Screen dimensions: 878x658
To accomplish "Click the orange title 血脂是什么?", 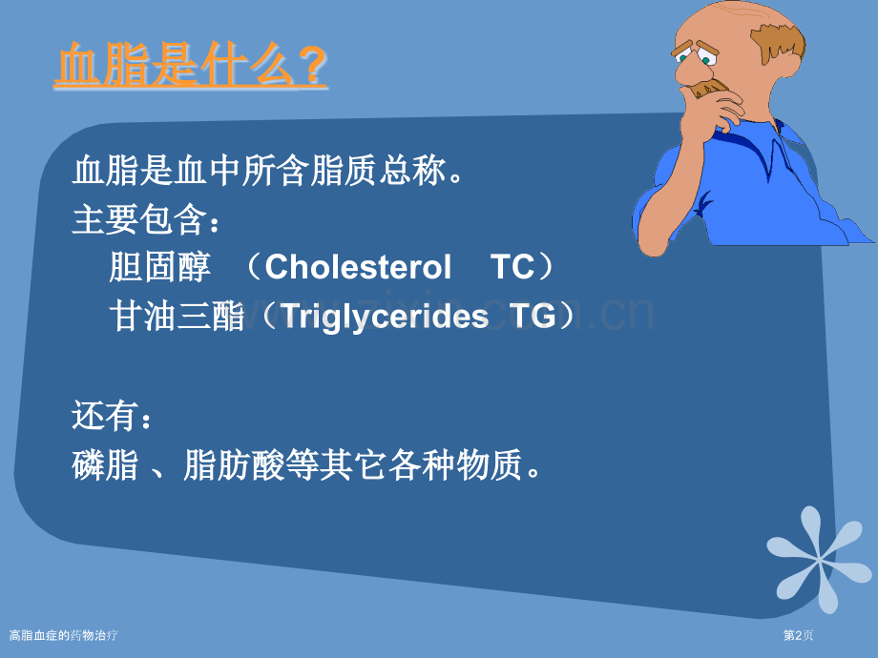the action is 190,65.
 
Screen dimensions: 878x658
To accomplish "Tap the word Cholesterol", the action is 358,267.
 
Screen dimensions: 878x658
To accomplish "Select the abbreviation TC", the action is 512,267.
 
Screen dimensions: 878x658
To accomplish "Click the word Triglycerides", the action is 384,317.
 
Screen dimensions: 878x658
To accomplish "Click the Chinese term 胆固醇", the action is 159,267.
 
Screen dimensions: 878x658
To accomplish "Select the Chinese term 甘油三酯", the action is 177,317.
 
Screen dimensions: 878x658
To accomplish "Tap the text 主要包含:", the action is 147,218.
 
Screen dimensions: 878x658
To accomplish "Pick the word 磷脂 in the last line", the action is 105,464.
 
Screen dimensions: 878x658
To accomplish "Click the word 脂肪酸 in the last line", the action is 234,464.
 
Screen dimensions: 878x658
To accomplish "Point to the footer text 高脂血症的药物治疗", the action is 63,636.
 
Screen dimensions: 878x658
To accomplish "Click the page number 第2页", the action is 798,636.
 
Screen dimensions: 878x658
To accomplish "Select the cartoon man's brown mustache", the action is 709,88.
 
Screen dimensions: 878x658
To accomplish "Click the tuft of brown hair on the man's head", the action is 779,42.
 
